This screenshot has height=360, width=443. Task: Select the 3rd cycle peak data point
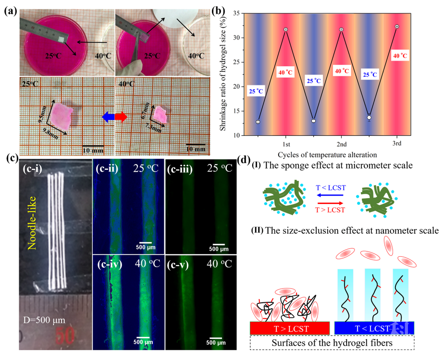click(x=396, y=26)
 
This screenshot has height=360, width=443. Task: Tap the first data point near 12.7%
click(x=258, y=122)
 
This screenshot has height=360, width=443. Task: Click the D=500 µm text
click(x=45, y=318)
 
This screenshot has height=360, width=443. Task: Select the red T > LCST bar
click(x=289, y=328)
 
